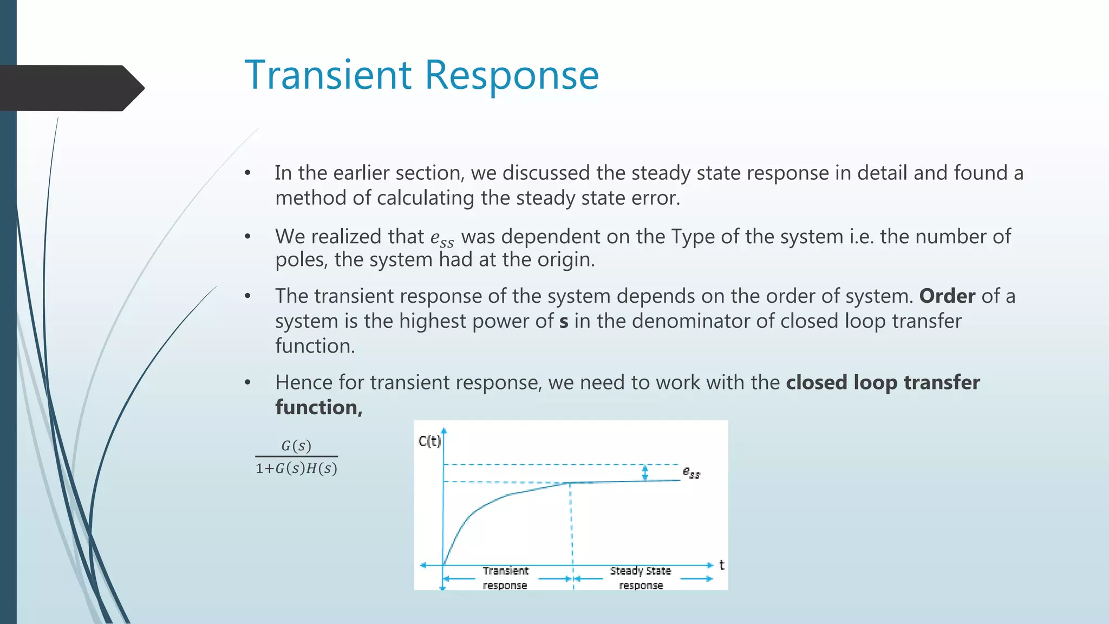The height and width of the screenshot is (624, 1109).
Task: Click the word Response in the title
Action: pyautogui.click(x=512, y=76)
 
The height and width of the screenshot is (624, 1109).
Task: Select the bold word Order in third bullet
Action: pyautogui.click(x=947, y=296)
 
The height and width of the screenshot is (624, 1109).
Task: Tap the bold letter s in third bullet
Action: pyautogui.click(x=564, y=322)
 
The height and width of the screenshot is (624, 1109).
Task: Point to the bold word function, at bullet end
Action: pyautogui.click(x=318, y=407)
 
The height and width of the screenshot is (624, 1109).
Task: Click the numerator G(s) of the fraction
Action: pyautogui.click(x=296, y=446)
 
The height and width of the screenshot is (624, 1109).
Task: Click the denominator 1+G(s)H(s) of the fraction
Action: pyautogui.click(x=296, y=469)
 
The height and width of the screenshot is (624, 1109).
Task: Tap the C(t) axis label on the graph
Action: pyautogui.click(x=429, y=441)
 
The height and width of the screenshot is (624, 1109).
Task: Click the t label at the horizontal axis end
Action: pyautogui.click(x=721, y=565)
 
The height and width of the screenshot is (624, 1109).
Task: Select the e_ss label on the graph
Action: pyautogui.click(x=692, y=473)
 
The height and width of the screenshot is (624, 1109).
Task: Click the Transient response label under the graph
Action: pyautogui.click(x=505, y=578)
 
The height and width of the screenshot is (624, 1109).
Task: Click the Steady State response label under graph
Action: pyautogui.click(x=641, y=578)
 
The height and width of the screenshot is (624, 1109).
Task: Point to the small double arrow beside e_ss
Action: pyautogui.click(x=645, y=473)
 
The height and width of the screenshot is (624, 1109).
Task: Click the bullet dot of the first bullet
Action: pyautogui.click(x=247, y=173)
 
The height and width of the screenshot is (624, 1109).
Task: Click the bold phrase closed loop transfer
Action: pyautogui.click(x=883, y=382)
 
